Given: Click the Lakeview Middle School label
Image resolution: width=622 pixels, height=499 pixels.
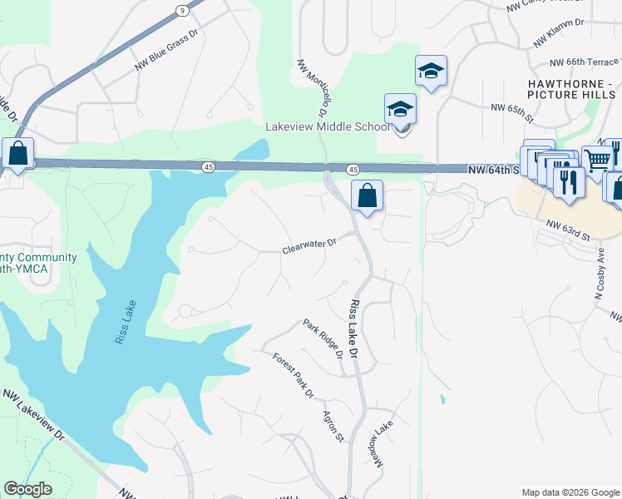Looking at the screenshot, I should point(327,127).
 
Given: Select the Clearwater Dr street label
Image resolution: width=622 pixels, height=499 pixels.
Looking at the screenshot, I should point(309,245).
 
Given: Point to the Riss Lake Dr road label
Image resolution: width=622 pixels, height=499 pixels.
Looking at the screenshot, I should point(356,329).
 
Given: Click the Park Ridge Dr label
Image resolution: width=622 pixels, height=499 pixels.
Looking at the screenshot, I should point(323,338).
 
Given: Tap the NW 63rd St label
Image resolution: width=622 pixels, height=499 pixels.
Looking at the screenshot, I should point(567,230).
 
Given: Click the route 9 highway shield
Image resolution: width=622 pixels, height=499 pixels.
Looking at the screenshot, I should point(181,11).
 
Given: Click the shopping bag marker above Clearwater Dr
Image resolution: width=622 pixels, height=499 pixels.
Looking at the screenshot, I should point(367,196).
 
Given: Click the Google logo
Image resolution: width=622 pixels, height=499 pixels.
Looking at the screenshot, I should point(27,489).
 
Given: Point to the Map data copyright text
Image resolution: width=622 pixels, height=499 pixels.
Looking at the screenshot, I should point(570,492).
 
